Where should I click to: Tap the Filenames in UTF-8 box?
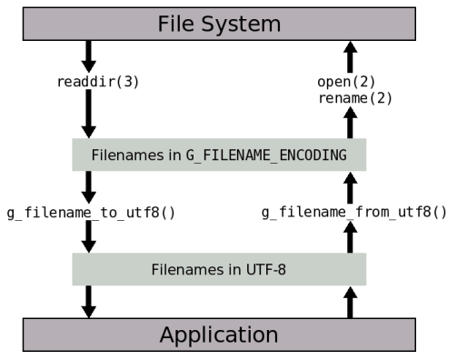218,270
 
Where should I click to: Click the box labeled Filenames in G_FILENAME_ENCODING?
218,155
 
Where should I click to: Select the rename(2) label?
355,98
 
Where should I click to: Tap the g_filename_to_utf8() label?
90,213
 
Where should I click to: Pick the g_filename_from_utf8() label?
354,213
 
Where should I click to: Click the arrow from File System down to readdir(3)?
89,55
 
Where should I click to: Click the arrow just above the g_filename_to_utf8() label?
89,186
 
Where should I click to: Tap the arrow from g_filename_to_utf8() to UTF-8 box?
89,236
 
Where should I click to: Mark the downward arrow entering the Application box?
89,301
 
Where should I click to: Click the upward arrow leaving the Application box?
348,301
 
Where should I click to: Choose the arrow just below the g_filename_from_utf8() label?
348,236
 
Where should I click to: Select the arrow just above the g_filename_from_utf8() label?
348,187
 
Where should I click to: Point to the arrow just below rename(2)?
348,121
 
